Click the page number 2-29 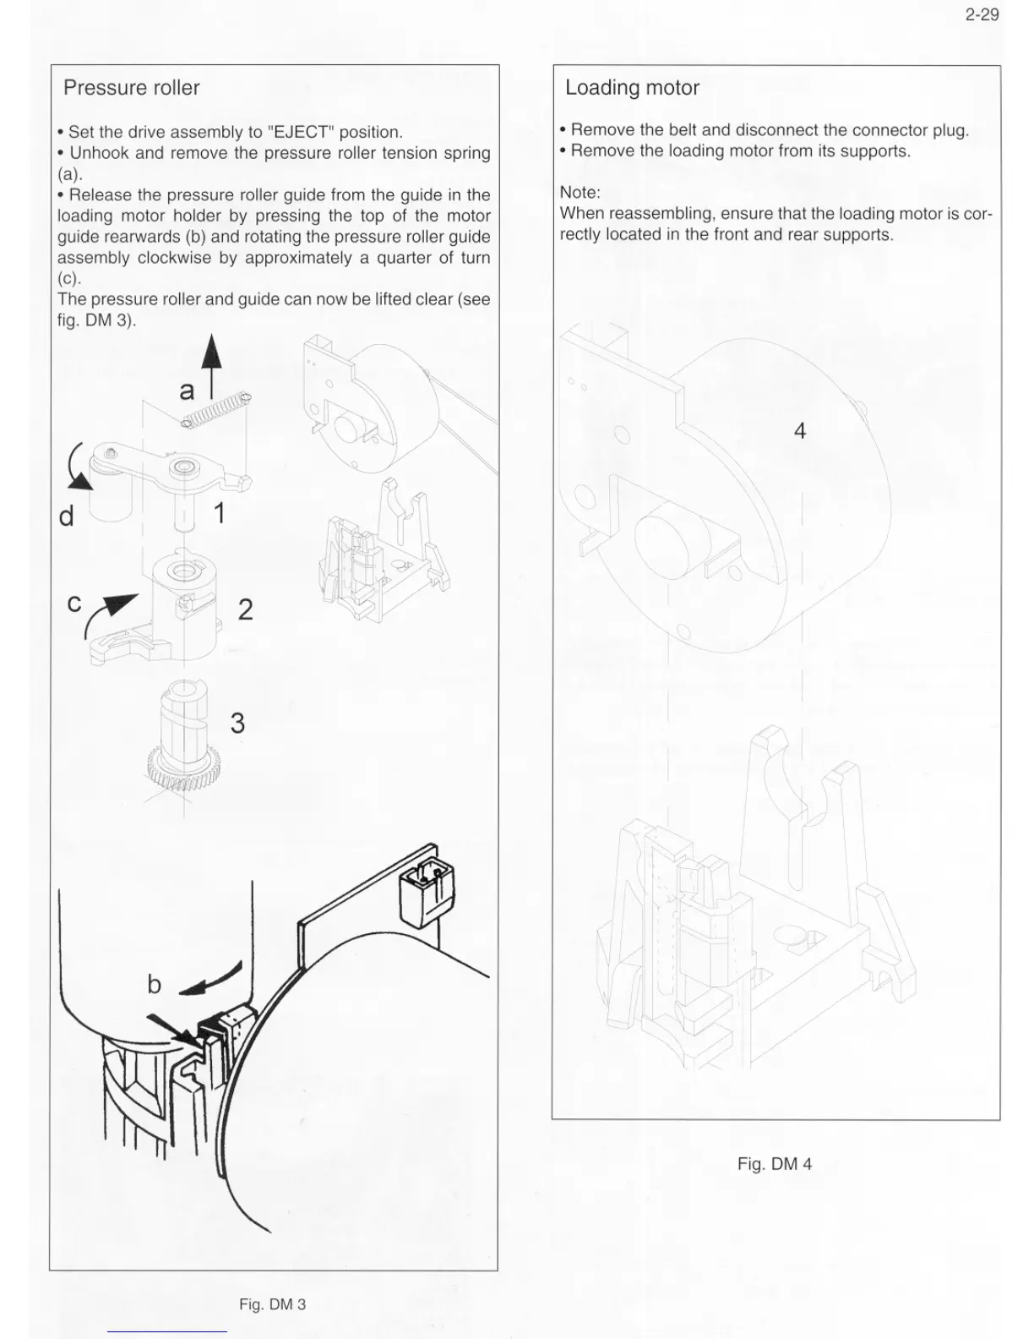[x=982, y=14]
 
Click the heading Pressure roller [x=131, y=88]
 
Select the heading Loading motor [x=632, y=88]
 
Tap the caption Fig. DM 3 [x=272, y=1304]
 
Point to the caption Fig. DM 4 [x=774, y=1164]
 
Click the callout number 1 [x=219, y=512]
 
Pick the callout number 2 [x=245, y=609]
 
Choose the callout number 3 [x=237, y=723]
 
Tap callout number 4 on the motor [x=799, y=430]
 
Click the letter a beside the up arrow [x=187, y=390]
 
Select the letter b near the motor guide [x=154, y=984]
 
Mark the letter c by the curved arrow [x=74, y=603]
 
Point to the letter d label [x=67, y=516]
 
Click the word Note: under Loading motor [x=580, y=193]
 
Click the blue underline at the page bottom [x=167, y=1331]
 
